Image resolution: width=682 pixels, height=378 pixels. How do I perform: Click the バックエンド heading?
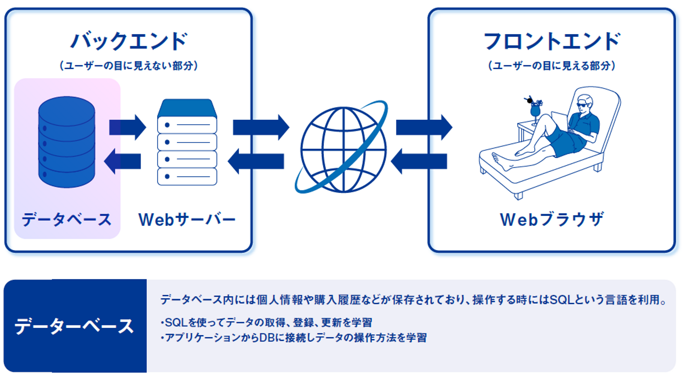coord(129,41)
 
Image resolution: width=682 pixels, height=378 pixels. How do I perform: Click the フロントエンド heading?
coord(552,41)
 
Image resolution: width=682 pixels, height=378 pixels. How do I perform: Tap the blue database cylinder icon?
coord(67,142)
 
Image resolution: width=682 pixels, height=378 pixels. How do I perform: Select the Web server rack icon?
coord(187,142)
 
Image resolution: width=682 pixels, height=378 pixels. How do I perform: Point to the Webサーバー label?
coord(187,219)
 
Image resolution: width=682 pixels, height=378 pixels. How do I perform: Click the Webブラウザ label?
coord(551,219)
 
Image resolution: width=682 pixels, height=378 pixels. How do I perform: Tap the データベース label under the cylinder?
coord(67,220)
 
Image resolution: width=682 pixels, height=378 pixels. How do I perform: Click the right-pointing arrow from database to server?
coord(127,127)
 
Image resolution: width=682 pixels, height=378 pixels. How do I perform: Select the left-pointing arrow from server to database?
coord(122,161)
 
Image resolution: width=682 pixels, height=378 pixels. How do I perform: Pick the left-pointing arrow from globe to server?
coord(256,161)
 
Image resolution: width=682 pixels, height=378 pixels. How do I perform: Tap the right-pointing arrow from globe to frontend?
coord(424,127)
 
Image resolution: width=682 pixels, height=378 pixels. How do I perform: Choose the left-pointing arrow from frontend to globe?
coord(419,161)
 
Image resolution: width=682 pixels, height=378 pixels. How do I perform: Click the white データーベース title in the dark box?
coord(74,326)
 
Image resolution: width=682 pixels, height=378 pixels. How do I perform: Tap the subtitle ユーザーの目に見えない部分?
coord(129,66)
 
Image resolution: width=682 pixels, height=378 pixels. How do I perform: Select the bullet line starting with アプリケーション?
coord(294,338)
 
